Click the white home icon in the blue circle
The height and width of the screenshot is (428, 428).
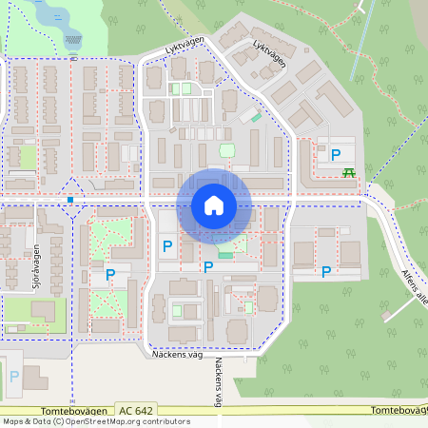[213, 204]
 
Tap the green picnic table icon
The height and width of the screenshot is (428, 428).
[349, 171]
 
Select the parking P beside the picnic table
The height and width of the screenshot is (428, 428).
[335, 153]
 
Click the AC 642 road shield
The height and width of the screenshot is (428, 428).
[136, 409]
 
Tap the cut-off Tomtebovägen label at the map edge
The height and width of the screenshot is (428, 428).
[399, 410]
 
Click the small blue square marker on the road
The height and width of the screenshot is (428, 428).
[71, 200]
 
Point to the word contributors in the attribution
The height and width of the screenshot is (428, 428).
[164, 421]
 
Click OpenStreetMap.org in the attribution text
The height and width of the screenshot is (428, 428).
[98, 421]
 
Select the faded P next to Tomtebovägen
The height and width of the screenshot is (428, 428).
[13, 377]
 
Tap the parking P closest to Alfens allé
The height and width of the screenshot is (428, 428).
[326, 271]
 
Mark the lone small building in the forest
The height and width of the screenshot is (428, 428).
[360, 7]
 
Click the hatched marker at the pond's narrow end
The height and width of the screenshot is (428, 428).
[73, 39]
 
